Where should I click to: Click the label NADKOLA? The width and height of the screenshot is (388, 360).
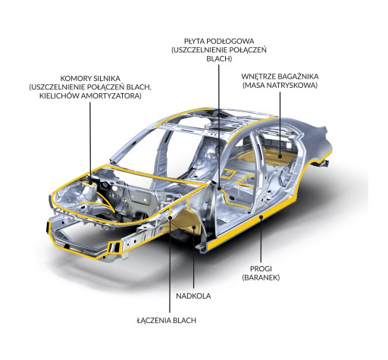coord(193,296)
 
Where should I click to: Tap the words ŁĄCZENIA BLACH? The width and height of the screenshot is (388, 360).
coord(167,320)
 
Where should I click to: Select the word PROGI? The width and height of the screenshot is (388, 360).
coord(261,268)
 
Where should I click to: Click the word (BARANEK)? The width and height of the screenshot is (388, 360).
coord(261,277)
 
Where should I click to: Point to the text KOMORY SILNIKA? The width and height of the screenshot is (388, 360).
coord(90,78)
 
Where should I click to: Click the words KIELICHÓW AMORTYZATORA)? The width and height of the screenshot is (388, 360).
coord(90,96)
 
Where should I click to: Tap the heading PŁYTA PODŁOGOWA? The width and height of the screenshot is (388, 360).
coord(219,41)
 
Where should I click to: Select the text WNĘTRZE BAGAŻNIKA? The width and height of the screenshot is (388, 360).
coord(280,77)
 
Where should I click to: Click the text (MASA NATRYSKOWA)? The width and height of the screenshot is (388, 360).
coord(280,86)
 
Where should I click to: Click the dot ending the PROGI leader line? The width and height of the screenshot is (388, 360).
coord(261,217)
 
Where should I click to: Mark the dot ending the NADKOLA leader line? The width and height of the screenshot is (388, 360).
coord(194,227)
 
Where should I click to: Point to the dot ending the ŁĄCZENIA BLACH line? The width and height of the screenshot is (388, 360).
coord(170,217)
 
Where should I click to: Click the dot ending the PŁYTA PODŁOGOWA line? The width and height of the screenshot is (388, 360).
coord(219,189)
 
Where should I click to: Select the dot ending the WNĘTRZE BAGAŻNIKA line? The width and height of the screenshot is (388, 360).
coord(280,156)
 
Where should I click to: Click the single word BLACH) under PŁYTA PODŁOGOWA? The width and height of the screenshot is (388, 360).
coord(219,59)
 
